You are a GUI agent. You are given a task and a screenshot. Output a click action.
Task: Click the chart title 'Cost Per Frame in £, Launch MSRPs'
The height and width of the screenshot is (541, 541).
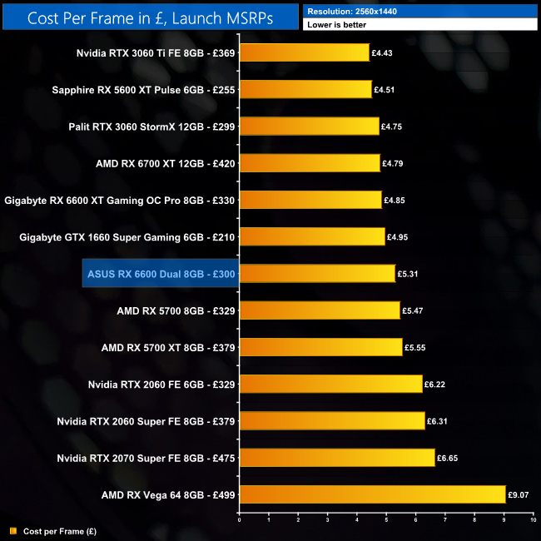[150, 17]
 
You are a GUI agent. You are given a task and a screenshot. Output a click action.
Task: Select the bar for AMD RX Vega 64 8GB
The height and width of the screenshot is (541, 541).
[372, 494]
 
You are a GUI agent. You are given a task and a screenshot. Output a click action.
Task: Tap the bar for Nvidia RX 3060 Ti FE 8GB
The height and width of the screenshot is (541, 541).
[304, 52]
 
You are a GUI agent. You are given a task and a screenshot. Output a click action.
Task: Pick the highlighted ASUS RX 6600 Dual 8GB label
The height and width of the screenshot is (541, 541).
[161, 273]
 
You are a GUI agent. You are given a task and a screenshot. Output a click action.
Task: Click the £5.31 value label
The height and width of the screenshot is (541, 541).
[408, 274]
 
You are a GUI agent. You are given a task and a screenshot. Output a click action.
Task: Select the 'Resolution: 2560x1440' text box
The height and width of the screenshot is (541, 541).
[420, 11]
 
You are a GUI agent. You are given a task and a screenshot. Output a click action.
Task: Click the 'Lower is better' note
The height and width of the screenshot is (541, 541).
[420, 25]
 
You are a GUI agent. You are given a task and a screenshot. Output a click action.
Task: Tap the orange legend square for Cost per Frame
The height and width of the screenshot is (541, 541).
[12, 530]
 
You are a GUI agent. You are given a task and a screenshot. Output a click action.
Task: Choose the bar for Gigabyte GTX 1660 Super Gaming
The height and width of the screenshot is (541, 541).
[312, 236]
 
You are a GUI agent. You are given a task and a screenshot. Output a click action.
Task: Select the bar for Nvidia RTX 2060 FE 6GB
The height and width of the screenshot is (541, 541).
[330, 384]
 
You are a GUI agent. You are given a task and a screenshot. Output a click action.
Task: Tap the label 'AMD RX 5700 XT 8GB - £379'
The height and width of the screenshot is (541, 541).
[167, 347]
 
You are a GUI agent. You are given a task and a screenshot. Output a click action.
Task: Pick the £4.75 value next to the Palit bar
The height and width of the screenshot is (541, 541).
[391, 127]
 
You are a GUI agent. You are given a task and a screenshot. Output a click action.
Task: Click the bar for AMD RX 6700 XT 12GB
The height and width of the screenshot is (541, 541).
[310, 163]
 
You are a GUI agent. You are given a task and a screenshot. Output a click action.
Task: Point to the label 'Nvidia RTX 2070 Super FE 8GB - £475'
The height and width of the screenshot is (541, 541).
[146, 458]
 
